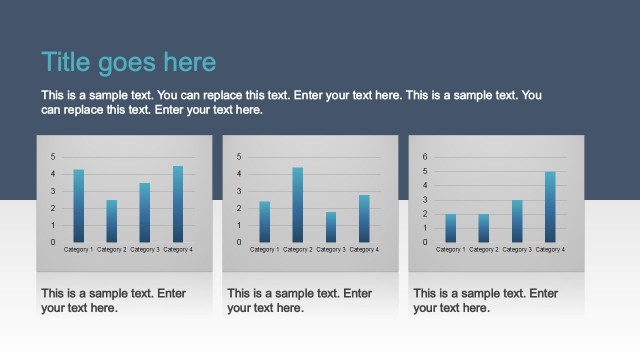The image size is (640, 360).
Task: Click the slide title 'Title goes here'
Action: pos(128,62)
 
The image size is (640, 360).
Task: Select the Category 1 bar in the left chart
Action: pos(78,206)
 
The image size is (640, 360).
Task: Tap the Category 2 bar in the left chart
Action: pos(111,221)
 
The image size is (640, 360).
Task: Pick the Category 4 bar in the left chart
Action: pos(178,204)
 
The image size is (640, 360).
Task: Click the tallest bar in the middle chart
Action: pos(297,205)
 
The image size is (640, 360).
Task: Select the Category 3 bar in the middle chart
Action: pos(330,227)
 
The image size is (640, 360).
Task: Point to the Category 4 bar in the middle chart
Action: pos(364,219)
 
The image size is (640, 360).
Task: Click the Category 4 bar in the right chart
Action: pos(550,207)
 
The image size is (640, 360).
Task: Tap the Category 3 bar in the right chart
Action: pos(517,221)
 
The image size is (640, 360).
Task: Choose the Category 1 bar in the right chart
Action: pos(451,228)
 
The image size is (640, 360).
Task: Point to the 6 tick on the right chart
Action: pos(424,157)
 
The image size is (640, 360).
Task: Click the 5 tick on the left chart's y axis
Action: pos(52,157)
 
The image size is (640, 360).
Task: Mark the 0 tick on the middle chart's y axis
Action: pos(238,242)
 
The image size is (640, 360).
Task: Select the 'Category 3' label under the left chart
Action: pos(144,249)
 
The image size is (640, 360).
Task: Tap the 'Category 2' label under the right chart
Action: pos(483,249)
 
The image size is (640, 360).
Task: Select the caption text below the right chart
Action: pos(485,301)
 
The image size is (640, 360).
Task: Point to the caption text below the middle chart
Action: pos(299,301)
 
